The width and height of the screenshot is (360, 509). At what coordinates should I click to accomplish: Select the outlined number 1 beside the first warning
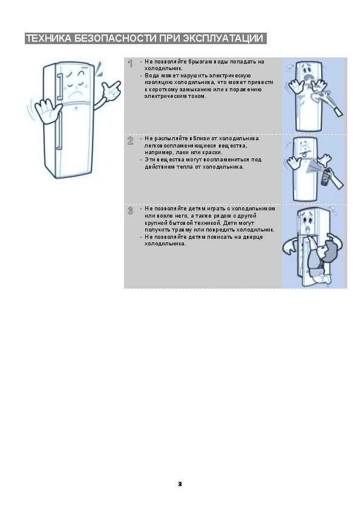[x=130, y=63]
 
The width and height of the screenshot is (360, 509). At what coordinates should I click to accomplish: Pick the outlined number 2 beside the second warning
[x=130, y=141]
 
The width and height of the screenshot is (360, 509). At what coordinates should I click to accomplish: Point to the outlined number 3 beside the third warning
[x=130, y=211]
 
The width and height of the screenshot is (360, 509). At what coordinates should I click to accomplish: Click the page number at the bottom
[x=180, y=484]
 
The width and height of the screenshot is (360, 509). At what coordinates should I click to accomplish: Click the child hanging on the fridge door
[x=322, y=260]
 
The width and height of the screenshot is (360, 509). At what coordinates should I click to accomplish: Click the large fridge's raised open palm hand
[x=44, y=111]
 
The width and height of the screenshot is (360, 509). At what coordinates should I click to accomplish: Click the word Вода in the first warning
[x=152, y=76]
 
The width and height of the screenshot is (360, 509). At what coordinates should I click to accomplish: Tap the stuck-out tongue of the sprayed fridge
[x=305, y=155]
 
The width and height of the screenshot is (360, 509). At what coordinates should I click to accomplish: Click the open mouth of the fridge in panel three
[x=307, y=230]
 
